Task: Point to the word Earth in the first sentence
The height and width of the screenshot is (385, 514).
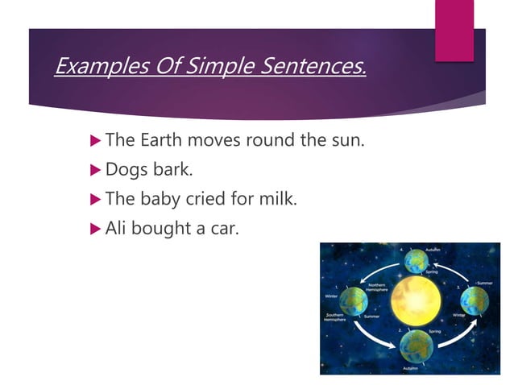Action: pyautogui.click(x=161, y=140)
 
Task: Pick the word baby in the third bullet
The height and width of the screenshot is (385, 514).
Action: pyautogui.click(x=161, y=199)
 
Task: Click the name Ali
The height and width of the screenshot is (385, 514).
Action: pyautogui.click(x=118, y=228)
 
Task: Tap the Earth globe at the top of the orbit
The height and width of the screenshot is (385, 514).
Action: pyautogui.click(x=416, y=260)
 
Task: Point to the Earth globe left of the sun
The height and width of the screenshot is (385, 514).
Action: pyautogui.click(x=353, y=301)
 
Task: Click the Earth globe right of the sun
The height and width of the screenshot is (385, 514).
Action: pyautogui.click(x=475, y=300)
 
